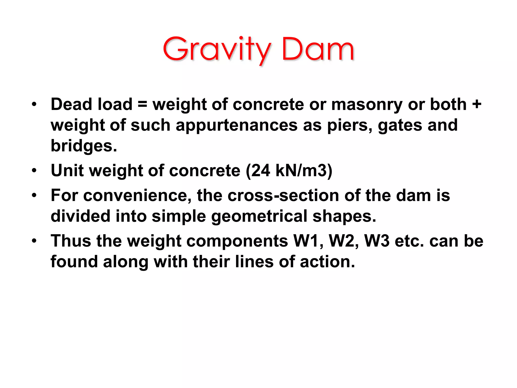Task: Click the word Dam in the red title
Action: pos(318,50)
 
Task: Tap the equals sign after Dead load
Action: pos(142,104)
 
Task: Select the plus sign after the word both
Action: pos(477,104)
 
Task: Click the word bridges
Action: pos(84,146)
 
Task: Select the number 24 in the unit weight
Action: pos(260,171)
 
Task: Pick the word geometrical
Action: pos(259,216)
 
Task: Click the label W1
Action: pos(308,241)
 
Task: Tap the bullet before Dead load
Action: pos(34,104)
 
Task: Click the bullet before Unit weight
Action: pos(34,171)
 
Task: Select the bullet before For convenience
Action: pos(34,196)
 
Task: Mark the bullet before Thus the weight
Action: pos(34,241)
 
